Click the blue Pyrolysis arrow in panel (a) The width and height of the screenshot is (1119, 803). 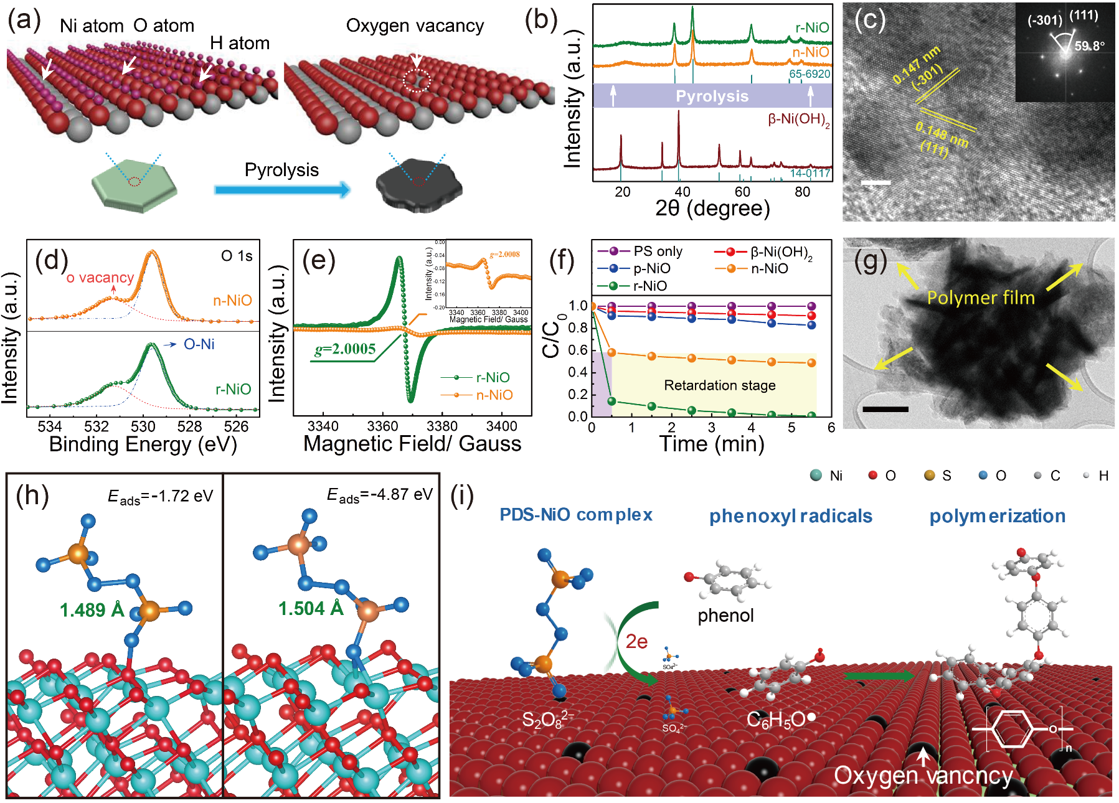click(x=282, y=190)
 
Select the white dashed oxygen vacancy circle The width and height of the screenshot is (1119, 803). click(x=416, y=81)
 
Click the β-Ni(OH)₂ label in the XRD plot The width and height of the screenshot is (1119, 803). click(x=798, y=119)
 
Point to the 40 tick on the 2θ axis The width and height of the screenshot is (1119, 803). click(x=682, y=192)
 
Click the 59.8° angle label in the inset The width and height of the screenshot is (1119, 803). click(x=1089, y=46)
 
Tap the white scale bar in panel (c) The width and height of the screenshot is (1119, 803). click(x=876, y=182)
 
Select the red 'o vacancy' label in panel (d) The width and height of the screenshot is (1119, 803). click(x=100, y=278)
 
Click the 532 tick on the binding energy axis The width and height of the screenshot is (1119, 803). click(x=97, y=426)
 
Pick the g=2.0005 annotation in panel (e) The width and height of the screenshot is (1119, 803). click(x=345, y=349)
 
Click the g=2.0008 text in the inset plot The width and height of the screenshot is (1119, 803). click(x=504, y=254)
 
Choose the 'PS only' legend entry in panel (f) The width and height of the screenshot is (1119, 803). click(x=658, y=251)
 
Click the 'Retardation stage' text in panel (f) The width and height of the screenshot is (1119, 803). click(x=719, y=385)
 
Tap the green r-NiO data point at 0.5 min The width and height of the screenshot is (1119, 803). click(x=611, y=401)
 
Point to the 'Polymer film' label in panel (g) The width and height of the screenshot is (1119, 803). click(x=981, y=298)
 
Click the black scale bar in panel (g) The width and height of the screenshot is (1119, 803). click(x=885, y=409)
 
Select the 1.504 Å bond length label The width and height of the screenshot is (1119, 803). click(x=311, y=608)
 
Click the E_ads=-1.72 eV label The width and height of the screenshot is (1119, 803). click(x=161, y=496)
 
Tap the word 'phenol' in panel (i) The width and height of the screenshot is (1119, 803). click(x=725, y=616)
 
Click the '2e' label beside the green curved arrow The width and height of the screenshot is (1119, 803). click(x=636, y=641)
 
